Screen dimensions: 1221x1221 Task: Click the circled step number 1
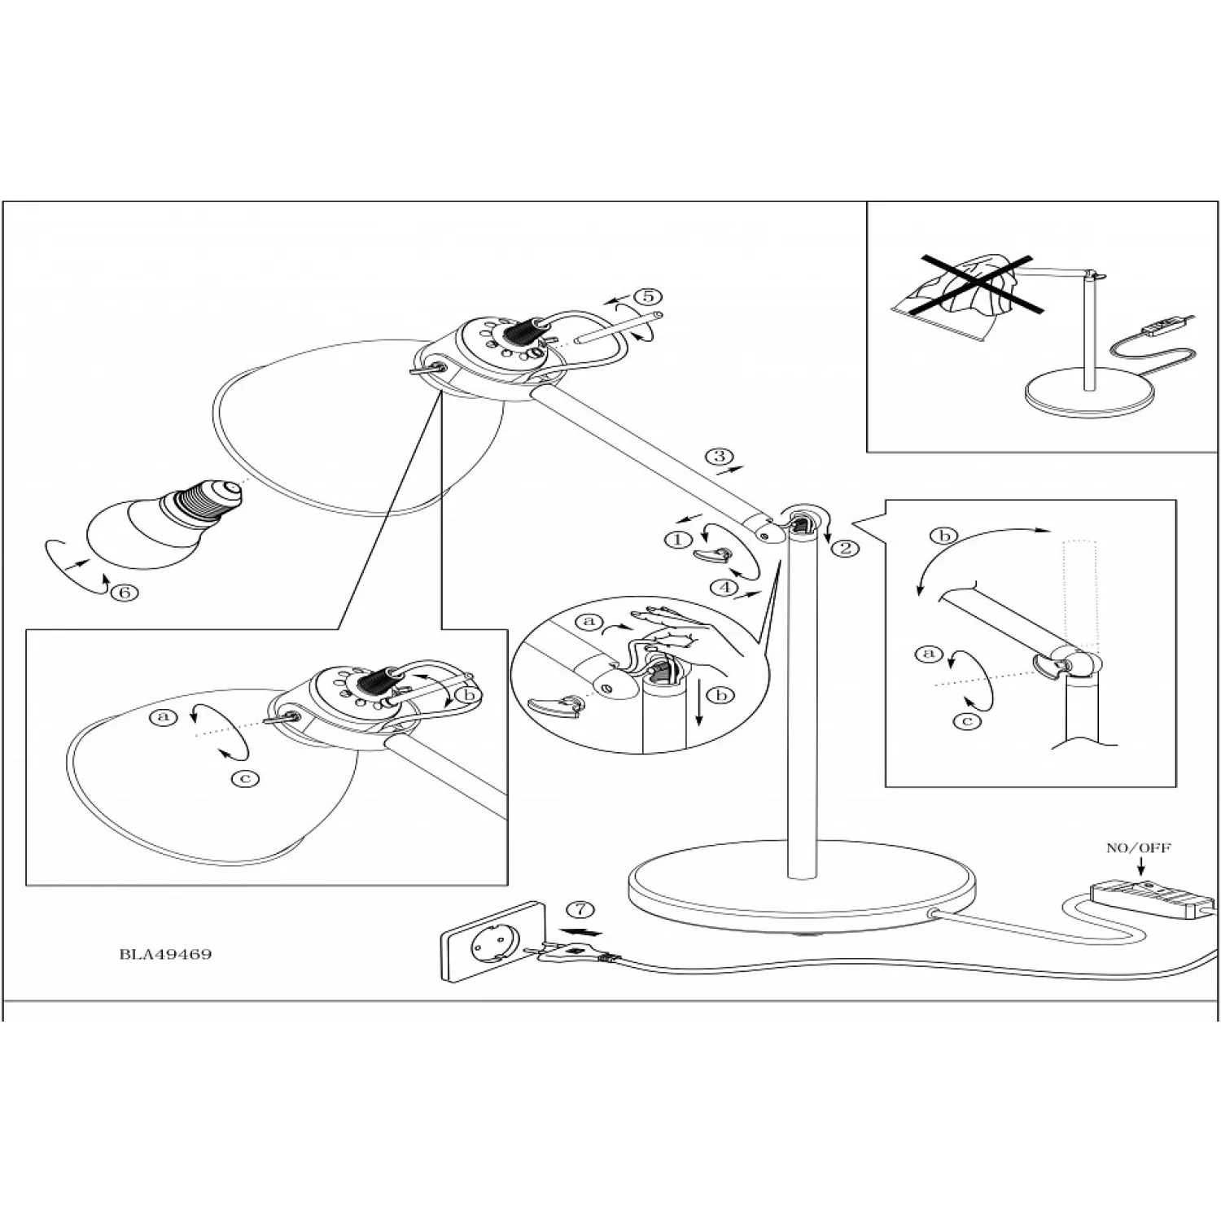pos(677,539)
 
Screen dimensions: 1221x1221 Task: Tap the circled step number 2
pos(845,548)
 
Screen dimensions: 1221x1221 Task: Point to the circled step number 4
pos(723,586)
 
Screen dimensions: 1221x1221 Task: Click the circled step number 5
pos(649,296)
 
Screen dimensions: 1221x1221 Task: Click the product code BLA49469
pos(165,954)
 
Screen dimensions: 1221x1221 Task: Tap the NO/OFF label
pos(1138,848)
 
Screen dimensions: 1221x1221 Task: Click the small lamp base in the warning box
pos(1089,394)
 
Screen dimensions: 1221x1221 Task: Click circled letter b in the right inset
pos(944,536)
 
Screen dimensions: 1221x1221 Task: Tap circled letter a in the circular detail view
pos(589,623)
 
